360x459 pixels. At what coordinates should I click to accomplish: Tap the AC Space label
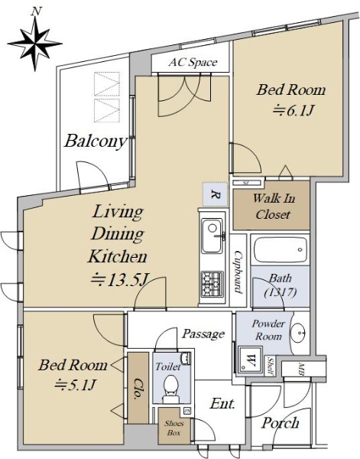pos(193,63)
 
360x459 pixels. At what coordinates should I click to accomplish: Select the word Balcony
pos(96,142)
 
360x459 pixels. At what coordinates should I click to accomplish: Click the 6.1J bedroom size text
pos(294,111)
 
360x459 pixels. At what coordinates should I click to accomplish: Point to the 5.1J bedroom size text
pos(76,384)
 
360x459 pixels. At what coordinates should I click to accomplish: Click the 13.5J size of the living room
pos(119,279)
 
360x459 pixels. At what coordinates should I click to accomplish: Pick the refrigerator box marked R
pos(216,194)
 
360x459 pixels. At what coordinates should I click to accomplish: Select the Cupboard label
pos(238,272)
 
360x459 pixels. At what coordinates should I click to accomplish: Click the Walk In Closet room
pos(271,205)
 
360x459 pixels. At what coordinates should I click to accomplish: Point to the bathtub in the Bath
pos(280,249)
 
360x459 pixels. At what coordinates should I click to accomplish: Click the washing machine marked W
pos(249,360)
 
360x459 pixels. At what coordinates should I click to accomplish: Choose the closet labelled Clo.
pos(138,388)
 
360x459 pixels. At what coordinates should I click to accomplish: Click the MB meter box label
pos(301,367)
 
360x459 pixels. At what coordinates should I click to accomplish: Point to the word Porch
pos(281,423)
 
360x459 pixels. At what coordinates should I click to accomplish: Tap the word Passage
pos(203,334)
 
